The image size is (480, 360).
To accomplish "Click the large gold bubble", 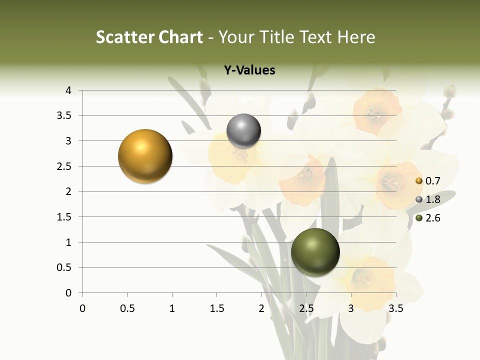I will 145,156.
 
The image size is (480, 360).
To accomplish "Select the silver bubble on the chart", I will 243,131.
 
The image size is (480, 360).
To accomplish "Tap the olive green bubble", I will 315,252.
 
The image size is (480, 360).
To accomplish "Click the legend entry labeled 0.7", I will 428,181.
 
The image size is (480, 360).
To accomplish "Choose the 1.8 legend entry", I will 428,199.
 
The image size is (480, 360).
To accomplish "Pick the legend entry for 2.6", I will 428,218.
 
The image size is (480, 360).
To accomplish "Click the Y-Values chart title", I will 249,70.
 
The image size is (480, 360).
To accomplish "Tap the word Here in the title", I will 355,37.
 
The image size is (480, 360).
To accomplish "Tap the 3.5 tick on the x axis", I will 396,308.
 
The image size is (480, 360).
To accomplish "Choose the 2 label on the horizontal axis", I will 261,308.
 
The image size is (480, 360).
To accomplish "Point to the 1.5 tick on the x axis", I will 216,308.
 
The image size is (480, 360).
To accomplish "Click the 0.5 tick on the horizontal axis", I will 127,308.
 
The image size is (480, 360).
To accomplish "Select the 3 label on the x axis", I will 351,308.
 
